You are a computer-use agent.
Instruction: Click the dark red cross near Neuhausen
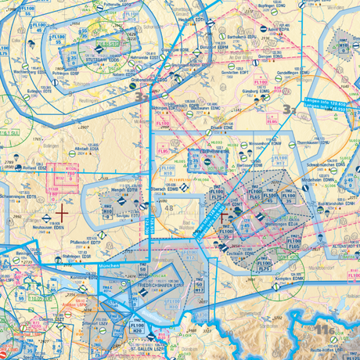point(62,210)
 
